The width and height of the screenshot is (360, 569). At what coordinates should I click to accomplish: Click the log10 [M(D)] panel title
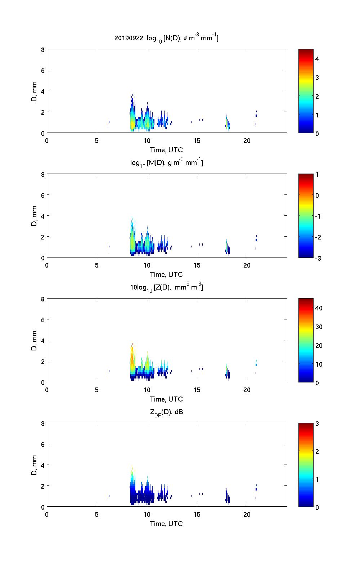point(166,163)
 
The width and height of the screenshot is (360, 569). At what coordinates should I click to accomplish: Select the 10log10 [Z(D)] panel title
point(166,287)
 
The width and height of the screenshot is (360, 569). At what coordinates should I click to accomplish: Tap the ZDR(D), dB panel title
point(166,412)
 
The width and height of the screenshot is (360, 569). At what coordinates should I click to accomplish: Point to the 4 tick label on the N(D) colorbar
point(317,59)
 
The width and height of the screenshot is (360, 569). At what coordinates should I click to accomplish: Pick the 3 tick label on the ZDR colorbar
point(317,424)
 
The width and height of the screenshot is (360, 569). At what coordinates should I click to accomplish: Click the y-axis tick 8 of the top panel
point(42,50)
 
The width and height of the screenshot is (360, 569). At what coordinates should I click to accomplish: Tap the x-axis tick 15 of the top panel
point(197,141)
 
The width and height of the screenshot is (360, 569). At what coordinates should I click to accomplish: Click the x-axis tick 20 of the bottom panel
point(247,515)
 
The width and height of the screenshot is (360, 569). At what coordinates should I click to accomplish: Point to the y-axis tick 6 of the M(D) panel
point(42,195)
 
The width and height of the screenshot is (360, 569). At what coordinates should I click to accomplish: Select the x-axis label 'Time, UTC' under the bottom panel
point(166,524)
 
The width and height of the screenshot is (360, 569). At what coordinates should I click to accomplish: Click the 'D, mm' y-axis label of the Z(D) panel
point(34,340)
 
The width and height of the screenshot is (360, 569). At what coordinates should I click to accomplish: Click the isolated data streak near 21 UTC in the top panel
point(256,115)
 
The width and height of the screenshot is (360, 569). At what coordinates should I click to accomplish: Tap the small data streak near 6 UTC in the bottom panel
point(109,496)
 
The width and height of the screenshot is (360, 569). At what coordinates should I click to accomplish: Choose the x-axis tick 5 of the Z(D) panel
point(97,390)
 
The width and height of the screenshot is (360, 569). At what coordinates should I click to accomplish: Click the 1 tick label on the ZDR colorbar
point(317,479)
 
